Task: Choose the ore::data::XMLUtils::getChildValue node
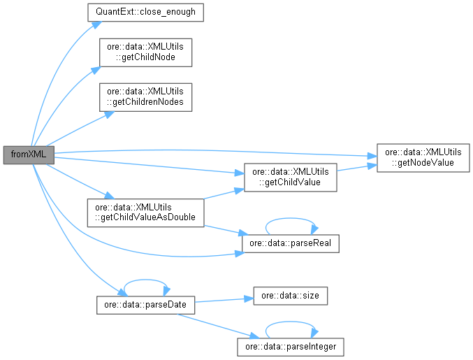(289, 177)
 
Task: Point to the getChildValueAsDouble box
(144, 213)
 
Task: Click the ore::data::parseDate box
(145, 306)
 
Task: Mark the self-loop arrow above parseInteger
(290, 324)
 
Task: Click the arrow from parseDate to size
(224, 301)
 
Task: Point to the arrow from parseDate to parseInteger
(217, 326)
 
